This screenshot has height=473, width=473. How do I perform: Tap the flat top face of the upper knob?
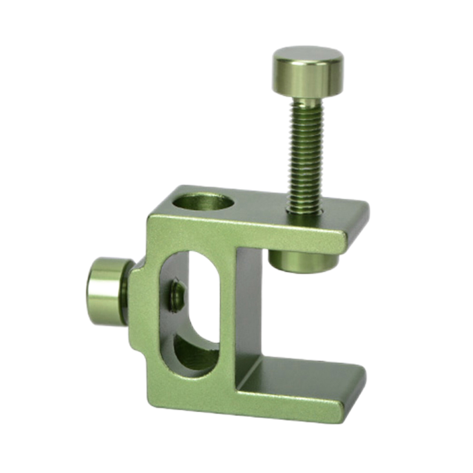307,56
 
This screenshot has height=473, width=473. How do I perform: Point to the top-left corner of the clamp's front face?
154,219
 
